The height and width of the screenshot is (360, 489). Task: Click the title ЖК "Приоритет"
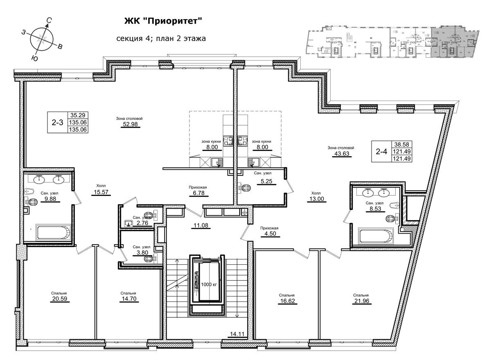coord(163,20)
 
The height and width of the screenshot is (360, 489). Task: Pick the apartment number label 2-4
coord(381,151)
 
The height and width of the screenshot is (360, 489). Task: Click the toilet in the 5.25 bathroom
coord(245,188)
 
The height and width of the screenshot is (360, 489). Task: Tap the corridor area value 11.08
coord(202,225)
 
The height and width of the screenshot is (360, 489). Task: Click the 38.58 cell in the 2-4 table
coord(402,144)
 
